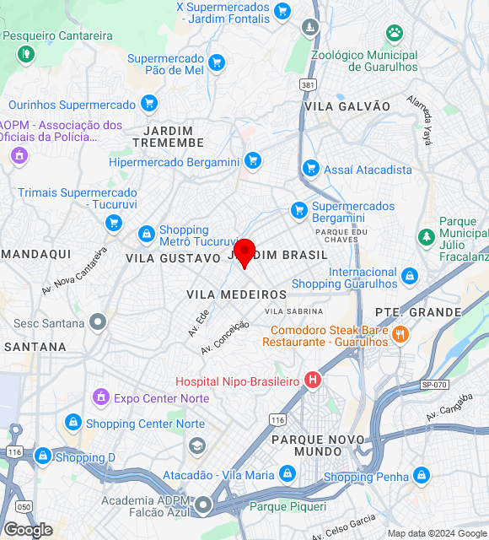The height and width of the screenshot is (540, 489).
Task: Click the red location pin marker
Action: pos(244,252)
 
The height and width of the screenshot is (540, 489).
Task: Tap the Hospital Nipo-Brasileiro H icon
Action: pos(313,381)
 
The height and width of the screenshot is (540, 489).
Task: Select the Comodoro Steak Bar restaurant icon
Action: pos(400,334)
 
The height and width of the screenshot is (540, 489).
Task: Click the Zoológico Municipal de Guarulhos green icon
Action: pos(394,34)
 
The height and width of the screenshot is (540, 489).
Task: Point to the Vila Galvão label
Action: pos(347,106)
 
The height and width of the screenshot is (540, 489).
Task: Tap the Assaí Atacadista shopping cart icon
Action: pos(310,169)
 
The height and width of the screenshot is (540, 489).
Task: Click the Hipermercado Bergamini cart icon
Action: pos(252,161)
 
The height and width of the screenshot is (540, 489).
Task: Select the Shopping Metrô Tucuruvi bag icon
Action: pos(146,232)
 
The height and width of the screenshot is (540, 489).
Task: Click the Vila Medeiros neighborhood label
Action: pos(236,294)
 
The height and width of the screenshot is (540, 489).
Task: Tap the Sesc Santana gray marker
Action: pos(99,321)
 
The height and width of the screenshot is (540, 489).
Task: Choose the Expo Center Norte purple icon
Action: pos(100,397)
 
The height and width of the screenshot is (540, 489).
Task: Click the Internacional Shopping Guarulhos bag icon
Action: pos(410,276)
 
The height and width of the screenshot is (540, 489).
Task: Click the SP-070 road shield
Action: pos(433,384)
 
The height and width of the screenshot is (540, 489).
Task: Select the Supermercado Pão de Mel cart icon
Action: pos(217,62)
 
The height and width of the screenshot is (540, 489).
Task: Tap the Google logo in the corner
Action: pos(27,530)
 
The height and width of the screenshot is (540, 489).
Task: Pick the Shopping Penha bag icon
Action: pos(422,478)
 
